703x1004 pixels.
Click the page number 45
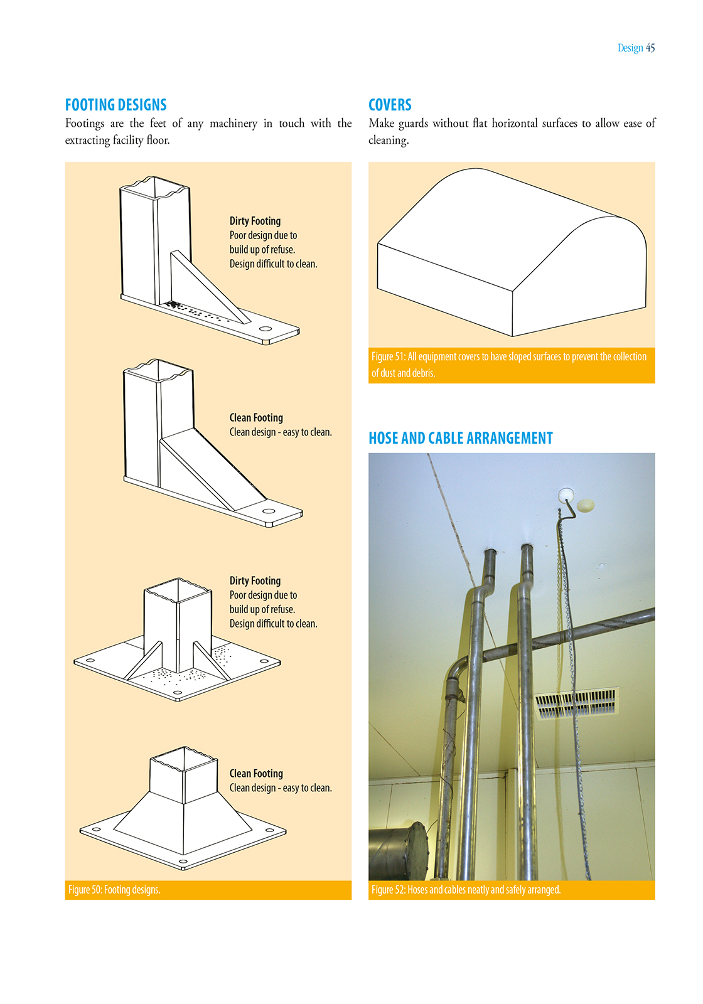pyautogui.click(x=650, y=48)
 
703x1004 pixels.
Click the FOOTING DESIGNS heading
pyautogui.click(x=115, y=105)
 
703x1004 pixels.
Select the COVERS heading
pyautogui.click(x=390, y=105)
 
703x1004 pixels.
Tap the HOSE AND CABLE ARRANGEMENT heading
pyautogui.click(x=460, y=438)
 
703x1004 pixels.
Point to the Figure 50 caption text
pyautogui.click(x=114, y=890)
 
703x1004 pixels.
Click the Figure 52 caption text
pyautogui.click(x=466, y=890)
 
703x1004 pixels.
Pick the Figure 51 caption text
pyautogui.click(x=508, y=365)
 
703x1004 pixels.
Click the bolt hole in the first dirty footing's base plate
pyautogui.click(x=265, y=329)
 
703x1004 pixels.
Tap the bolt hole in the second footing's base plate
pyautogui.click(x=269, y=511)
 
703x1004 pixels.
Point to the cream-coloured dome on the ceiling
pyautogui.click(x=585, y=505)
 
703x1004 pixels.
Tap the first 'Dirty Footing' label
pyautogui.click(x=255, y=221)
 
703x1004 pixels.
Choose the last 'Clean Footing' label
pyautogui.click(x=256, y=774)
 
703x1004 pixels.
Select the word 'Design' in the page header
pyautogui.click(x=630, y=48)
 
